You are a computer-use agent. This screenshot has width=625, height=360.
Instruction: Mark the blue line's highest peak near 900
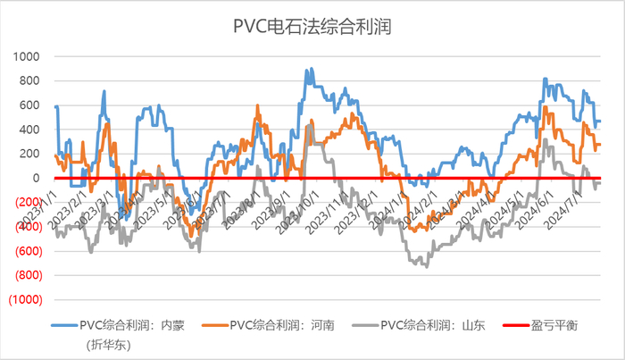point(309,69)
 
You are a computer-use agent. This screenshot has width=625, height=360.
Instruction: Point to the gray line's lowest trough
point(426,266)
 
